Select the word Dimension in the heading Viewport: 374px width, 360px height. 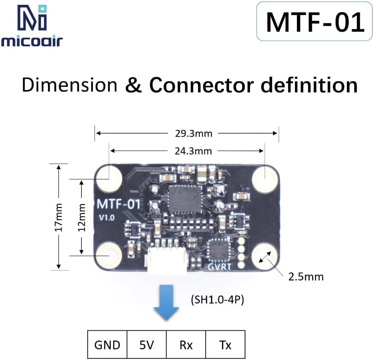pyautogui.click(x=69, y=85)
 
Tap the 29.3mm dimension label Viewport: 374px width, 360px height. pyautogui.click(x=187, y=133)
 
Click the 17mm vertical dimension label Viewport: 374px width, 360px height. pyautogui.click(x=59, y=216)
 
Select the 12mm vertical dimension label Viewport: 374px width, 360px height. pyautogui.click(x=82, y=216)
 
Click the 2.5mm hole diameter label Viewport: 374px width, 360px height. pyautogui.click(x=306, y=277)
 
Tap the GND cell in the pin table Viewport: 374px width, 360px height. pyautogui.click(x=107, y=345)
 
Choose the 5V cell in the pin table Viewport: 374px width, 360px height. pyautogui.click(x=147, y=345)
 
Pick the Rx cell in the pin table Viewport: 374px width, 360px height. pyautogui.click(x=186, y=345)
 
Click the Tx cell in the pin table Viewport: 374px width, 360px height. pyautogui.click(x=225, y=345)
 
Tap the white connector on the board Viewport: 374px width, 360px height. pyautogui.click(x=166, y=262)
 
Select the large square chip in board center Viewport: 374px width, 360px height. pyautogui.click(x=185, y=199)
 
